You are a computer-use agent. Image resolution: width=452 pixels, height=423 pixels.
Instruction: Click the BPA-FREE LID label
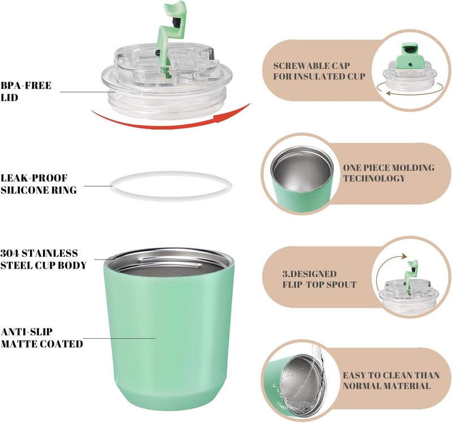tap(26, 92)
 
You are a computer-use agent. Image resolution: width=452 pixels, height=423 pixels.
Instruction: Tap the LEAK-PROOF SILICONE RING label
tap(38, 184)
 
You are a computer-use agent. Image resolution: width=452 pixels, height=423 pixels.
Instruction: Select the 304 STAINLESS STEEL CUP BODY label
tap(44, 259)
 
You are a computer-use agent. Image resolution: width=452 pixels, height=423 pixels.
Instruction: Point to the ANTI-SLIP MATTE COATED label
tap(42, 338)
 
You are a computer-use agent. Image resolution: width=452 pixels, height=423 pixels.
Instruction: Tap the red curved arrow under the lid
tap(170, 124)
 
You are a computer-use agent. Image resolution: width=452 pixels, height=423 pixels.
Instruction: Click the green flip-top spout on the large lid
tap(171, 34)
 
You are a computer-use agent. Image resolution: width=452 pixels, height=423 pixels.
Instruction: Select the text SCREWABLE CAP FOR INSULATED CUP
tap(319, 71)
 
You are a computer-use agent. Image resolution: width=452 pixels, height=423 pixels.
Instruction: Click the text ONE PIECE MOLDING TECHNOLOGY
tap(389, 173)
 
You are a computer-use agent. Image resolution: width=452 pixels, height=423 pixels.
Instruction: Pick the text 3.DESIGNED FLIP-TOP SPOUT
tap(319, 279)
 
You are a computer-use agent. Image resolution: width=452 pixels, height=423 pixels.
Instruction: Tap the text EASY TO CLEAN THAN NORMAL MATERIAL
tap(391, 381)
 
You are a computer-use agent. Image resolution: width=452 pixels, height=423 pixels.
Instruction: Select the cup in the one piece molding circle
tap(302, 176)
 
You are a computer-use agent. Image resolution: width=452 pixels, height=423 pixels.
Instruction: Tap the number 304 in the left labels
tap(10, 253)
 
